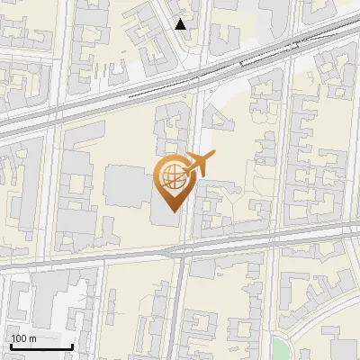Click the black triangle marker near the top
181,24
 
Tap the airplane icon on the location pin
198,165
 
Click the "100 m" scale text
23,338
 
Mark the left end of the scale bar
11,346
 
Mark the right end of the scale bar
72,346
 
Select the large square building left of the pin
123,186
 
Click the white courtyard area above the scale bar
61,310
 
